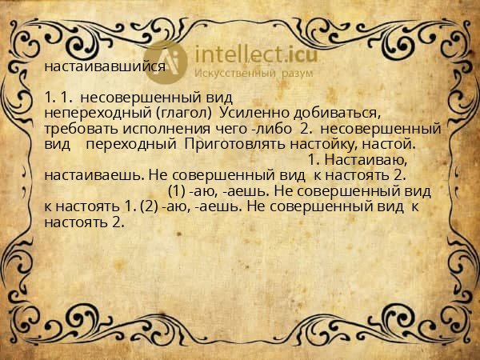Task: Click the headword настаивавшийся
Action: tap(106, 66)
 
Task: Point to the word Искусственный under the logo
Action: tap(235, 74)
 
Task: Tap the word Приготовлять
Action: tap(228, 144)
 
